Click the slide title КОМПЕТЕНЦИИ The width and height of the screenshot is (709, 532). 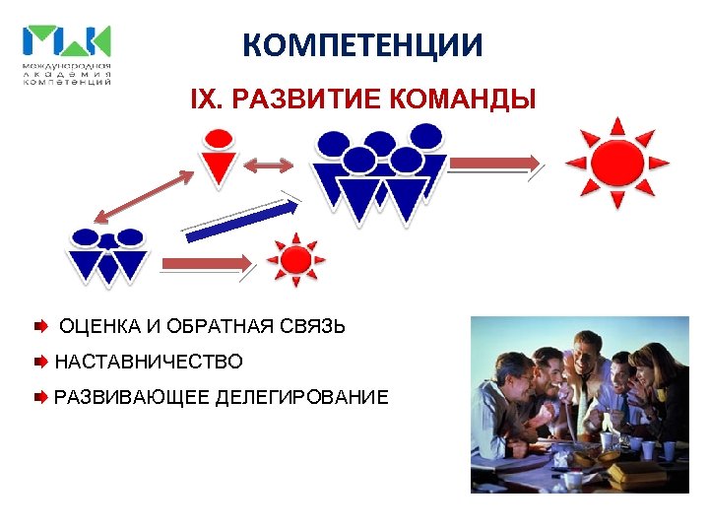pos(362,44)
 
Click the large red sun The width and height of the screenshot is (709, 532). pos(617,163)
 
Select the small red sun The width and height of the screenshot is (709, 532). pos(294,259)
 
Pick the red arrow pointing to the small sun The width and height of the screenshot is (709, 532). pos(207,263)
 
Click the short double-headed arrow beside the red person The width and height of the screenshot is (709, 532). pos(269,166)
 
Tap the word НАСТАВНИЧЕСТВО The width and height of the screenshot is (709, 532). pos(149,363)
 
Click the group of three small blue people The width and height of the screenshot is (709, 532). pos(106,254)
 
